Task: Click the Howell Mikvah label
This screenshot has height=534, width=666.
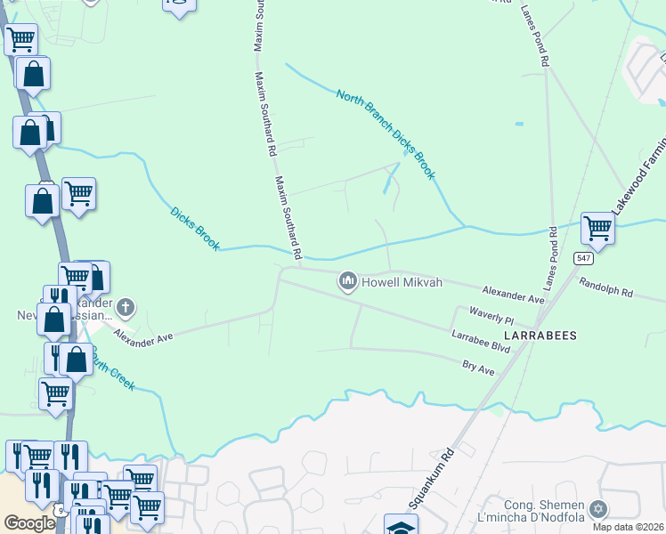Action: [x=402, y=283]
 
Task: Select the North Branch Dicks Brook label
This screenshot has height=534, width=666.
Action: [x=385, y=134]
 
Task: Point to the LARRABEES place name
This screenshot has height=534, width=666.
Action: [x=540, y=336]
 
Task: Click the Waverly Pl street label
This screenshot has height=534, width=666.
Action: [x=491, y=315]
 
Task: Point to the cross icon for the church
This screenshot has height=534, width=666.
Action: [x=125, y=308]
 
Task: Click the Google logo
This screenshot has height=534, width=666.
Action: [x=28, y=523]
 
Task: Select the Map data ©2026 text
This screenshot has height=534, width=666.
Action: [x=629, y=527]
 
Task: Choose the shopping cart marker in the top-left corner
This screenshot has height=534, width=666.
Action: [x=20, y=39]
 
